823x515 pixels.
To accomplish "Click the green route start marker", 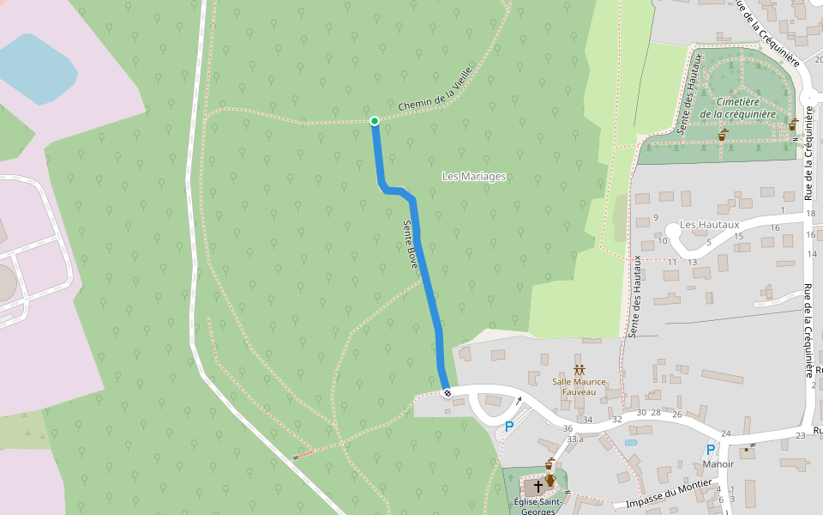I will click(375, 121).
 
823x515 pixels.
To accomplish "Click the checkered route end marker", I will click(447, 392).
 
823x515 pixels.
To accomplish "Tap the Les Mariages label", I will click(474, 176).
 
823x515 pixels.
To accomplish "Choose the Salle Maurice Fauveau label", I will click(579, 387).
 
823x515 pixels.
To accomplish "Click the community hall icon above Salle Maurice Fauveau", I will click(579, 368).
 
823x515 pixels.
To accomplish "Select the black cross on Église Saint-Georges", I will click(538, 486).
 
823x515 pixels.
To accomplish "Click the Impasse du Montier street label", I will click(670, 494).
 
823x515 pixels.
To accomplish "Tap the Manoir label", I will click(718, 464).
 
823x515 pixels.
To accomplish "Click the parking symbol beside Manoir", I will click(710, 448).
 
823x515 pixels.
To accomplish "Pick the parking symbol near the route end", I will click(508, 426).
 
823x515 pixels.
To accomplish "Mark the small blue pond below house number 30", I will click(632, 443).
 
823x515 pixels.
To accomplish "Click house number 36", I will click(567, 428).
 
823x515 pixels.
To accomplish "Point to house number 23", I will click(800, 436).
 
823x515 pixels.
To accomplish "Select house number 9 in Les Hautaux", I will click(656, 217).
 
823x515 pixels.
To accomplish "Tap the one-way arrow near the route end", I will click(517, 401).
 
